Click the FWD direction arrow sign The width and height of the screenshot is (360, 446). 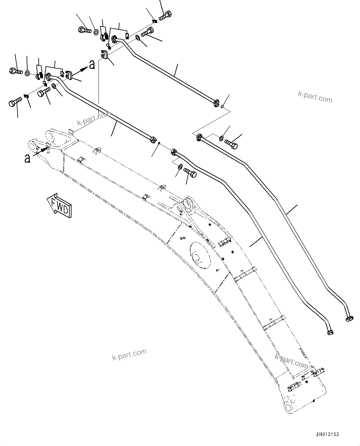(x=60, y=206)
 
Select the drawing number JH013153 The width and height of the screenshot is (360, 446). (x=327, y=435)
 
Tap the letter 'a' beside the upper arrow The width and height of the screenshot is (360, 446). (x=92, y=65)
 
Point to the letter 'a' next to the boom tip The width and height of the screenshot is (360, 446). (x=28, y=159)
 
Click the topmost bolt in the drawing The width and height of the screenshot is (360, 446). (x=166, y=15)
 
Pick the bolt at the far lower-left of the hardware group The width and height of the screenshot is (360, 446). (x=15, y=102)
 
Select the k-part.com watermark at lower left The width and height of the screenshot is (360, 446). (x=129, y=355)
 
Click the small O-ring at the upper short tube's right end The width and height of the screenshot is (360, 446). (x=222, y=107)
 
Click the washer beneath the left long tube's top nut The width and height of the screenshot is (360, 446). (x=180, y=168)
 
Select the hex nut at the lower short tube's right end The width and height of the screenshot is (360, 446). (x=152, y=139)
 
